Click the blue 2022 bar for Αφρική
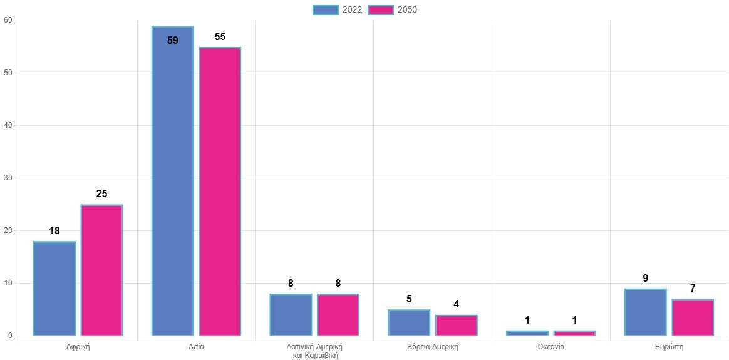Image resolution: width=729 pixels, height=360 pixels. (54, 289)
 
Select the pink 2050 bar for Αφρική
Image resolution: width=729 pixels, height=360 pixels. (101, 270)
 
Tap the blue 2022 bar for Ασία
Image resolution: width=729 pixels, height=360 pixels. (173, 182)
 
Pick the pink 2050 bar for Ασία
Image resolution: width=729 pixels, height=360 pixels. (220, 192)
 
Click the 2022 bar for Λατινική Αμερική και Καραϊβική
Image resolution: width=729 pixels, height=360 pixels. (291, 314)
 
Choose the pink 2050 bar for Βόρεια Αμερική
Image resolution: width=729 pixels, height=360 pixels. (457, 325)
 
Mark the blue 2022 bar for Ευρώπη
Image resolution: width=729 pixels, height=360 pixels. (645, 312)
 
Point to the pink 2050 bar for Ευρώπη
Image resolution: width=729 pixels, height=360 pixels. (693, 317)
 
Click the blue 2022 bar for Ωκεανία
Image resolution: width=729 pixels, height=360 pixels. (527, 333)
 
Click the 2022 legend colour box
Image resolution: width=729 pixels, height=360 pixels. (325, 9)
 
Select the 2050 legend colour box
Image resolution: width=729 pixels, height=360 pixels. (381, 9)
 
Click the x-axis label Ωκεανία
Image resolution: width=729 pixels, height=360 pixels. (551, 346)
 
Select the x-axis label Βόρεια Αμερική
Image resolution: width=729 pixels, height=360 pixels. (433, 346)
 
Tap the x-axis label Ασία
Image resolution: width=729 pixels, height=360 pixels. (196, 346)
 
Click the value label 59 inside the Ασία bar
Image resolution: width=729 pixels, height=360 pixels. (173, 41)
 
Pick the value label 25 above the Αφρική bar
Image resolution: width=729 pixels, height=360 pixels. (101, 194)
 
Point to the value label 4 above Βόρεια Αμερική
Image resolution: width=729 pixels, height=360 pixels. (457, 304)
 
